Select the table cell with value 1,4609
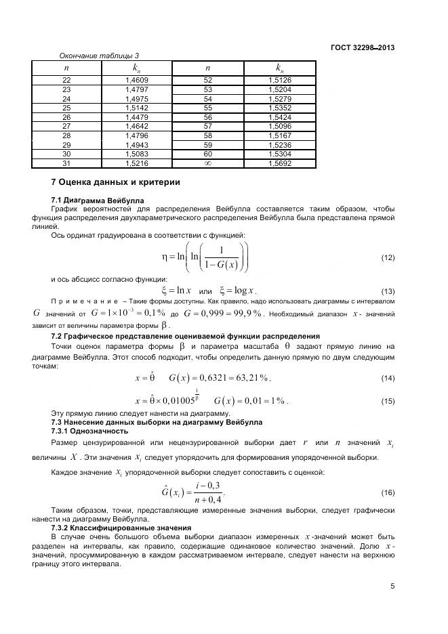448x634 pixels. point(137,80)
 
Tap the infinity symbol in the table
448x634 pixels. point(208,164)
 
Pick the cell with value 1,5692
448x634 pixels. point(280,164)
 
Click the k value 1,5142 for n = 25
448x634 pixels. point(137,108)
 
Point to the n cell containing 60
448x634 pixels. point(208,154)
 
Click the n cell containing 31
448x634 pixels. point(66,164)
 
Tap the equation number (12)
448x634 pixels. point(388,258)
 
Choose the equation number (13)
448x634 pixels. point(388,291)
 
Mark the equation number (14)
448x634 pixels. point(388,377)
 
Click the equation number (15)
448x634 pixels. point(388,401)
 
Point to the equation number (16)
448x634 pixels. point(388,492)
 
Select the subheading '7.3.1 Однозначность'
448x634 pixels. point(89,431)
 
